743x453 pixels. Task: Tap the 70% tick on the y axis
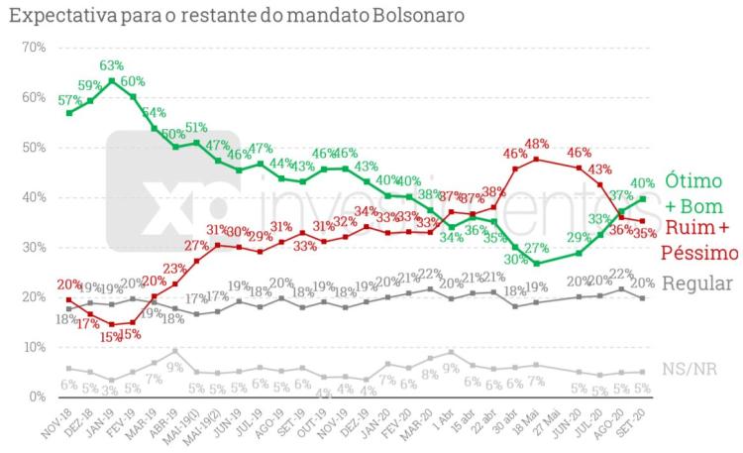[x=33, y=48]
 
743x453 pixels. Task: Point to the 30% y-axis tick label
[x=33, y=248]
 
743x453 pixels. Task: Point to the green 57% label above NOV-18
[x=69, y=100]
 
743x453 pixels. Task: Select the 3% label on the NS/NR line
[x=111, y=391]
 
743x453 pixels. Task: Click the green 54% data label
[x=155, y=112]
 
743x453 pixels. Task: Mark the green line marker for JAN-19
[x=112, y=81]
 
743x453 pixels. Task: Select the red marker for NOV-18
[x=68, y=299]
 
